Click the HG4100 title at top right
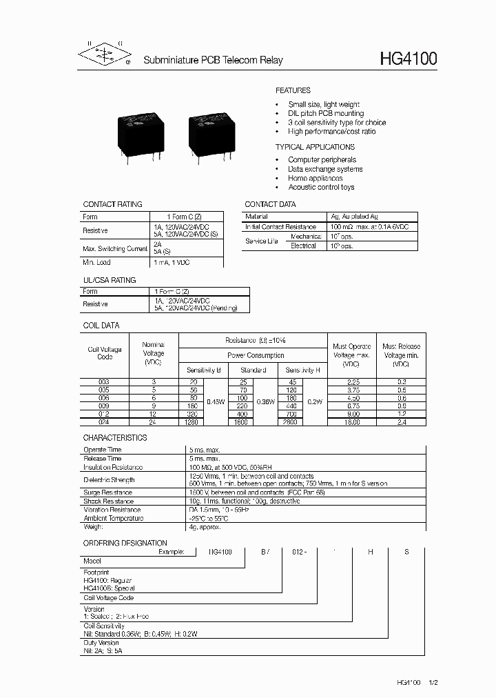[408, 59]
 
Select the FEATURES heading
[293, 90]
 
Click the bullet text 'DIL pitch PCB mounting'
[326, 113]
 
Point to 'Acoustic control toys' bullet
[321, 187]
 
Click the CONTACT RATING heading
[112, 204]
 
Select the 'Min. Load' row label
[97, 262]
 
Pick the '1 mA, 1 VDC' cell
[172, 262]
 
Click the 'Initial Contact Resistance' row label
[281, 226]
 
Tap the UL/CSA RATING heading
[110, 280]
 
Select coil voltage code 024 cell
[103, 421]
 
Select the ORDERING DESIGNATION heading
[125, 543]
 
